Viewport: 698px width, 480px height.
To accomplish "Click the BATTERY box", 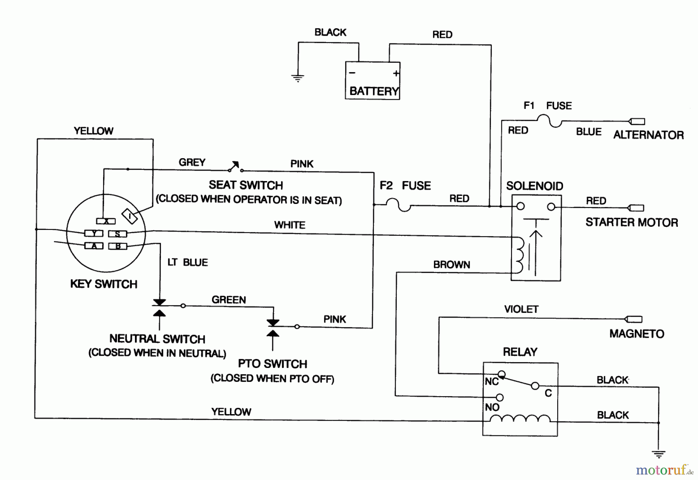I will point(372,81).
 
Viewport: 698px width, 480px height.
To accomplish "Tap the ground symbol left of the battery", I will point(297,78).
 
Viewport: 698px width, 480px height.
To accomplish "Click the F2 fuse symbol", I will point(399,205).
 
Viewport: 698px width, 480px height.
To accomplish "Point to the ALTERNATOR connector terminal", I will point(637,121).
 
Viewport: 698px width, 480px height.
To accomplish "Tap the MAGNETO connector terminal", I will point(634,319).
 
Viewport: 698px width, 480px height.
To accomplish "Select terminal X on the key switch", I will point(106,221).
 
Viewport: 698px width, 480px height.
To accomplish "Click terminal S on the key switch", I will point(117,234).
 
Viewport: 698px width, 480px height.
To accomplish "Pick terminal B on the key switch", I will point(117,246).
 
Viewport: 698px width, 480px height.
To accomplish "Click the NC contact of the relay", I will point(501,374).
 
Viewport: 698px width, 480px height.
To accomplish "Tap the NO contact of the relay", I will point(500,397).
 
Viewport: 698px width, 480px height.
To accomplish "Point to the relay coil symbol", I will point(520,419).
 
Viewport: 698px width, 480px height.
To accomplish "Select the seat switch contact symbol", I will point(235,167).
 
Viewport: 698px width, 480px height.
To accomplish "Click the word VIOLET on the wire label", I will point(521,309).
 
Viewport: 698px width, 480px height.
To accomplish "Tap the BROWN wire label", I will point(451,265).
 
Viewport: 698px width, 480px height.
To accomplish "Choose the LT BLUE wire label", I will point(188,262).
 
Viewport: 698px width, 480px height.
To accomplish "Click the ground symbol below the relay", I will point(658,453).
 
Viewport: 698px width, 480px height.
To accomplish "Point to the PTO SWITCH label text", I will point(272,364).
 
